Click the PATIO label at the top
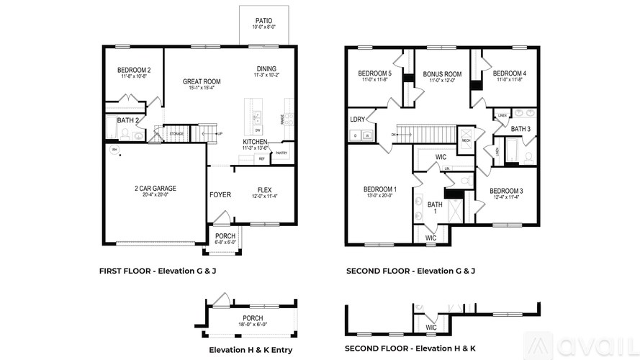coord(263,21)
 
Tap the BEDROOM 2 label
coord(133,70)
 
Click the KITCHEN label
coord(255,141)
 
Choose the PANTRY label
coord(281,153)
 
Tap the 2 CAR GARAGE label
coord(155,189)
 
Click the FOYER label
coord(220,195)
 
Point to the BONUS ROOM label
coord(442,74)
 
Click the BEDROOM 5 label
coord(375,73)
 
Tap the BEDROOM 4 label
coord(510,73)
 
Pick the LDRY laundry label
coord(357,120)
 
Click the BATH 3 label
coord(520,129)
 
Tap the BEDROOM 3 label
coord(506,191)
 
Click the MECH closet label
coord(466,140)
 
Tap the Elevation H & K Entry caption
coord(250,350)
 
